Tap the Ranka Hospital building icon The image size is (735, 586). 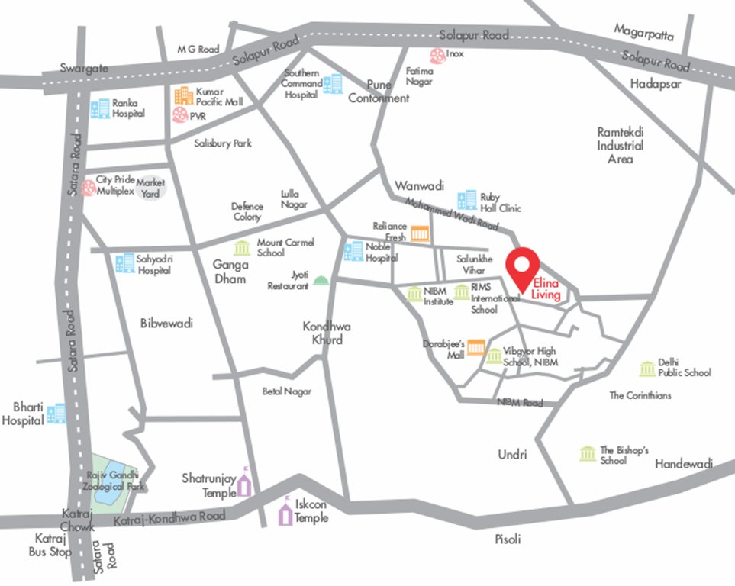100,108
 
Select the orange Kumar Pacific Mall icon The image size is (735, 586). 183,95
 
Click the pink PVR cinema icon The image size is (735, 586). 180,114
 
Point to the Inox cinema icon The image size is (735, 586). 437,55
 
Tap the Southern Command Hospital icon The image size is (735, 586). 333,84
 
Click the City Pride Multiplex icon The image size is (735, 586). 89,186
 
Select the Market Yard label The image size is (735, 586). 150,187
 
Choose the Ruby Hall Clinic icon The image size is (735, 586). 466,201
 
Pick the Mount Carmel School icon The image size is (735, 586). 242,248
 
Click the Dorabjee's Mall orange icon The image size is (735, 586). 476,347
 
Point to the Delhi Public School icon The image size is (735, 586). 647,369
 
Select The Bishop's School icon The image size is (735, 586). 587,454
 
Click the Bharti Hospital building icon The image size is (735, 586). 56,414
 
